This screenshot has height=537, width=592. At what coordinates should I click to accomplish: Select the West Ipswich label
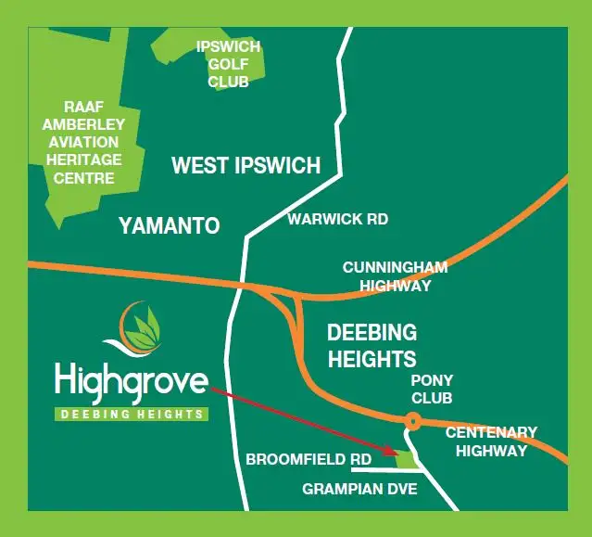(246, 166)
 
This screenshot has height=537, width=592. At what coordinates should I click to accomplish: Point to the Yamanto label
(169, 225)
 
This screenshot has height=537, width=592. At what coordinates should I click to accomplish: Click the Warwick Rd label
(337, 220)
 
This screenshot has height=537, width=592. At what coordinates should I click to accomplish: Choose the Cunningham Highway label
(395, 276)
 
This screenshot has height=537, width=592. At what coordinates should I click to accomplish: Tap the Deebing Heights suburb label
(372, 345)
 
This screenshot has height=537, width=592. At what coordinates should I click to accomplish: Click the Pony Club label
(431, 390)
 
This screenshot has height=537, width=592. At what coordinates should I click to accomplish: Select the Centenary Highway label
(490, 441)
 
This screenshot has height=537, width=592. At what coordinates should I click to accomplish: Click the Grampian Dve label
(360, 490)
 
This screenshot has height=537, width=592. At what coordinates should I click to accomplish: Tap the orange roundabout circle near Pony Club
(412, 421)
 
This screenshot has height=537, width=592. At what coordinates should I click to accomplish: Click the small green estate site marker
(405, 457)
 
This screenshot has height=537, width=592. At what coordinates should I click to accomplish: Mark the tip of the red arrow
(396, 454)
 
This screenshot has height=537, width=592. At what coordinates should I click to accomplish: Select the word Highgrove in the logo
(131, 381)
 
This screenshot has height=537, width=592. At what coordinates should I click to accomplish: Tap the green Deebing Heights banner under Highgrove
(131, 415)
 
